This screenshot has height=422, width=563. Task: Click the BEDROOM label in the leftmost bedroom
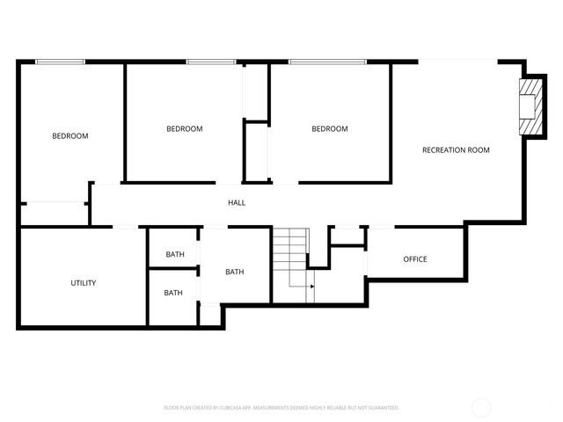pyautogui.click(x=70, y=136)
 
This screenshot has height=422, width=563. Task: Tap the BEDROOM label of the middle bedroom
pyautogui.click(x=185, y=129)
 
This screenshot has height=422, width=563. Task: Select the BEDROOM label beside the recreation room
pyautogui.click(x=330, y=129)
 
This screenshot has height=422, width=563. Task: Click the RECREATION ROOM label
pyautogui.click(x=456, y=150)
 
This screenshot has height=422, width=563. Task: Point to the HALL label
pyautogui.click(x=237, y=203)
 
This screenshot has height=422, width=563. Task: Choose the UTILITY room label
pyautogui.click(x=84, y=283)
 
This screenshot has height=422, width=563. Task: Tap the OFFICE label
pyautogui.click(x=415, y=259)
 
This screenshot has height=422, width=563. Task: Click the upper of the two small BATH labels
pyautogui.click(x=175, y=255)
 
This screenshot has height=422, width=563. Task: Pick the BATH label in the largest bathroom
pyautogui.click(x=235, y=273)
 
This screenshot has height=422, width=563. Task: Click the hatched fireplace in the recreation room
pyautogui.click(x=530, y=107)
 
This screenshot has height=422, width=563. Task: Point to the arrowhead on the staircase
pyautogui.click(x=313, y=286)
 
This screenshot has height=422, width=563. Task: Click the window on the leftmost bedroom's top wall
pyautogui.click(x=61, y=62)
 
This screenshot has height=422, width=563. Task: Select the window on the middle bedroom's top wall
pyautogui.click(x=210, y=62)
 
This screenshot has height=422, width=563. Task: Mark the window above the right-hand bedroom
pyautogui.click(x=327, y=62)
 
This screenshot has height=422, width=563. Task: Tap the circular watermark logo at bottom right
pyautogui.click(x=481, y=408)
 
